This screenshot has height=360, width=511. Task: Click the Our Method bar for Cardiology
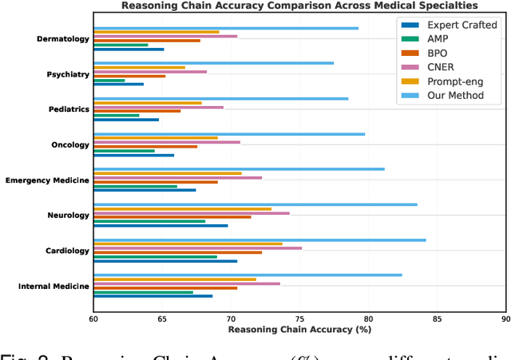tap(259, 239)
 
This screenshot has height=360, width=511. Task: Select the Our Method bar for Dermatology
tap(226, 28)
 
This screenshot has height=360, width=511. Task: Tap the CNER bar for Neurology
tap(192, 213)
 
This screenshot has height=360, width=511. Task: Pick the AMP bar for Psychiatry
tap(109, 80)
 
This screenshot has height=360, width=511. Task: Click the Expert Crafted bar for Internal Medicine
tap(153, 295)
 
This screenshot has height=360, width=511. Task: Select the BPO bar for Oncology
tap(145, 147)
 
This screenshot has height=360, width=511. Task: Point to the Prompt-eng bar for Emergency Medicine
tap(168, 173)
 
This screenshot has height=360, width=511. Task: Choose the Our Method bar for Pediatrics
tap(221, 99)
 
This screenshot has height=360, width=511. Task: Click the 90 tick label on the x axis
tap(505, 317)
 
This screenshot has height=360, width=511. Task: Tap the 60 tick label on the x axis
tap(94, 317)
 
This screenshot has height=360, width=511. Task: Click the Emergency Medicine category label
tap(47, 180)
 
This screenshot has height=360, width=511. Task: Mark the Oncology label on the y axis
tap(69, 145)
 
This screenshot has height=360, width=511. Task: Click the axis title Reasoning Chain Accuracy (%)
tap(299, 329)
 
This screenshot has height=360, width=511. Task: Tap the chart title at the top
tap(299, 6)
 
